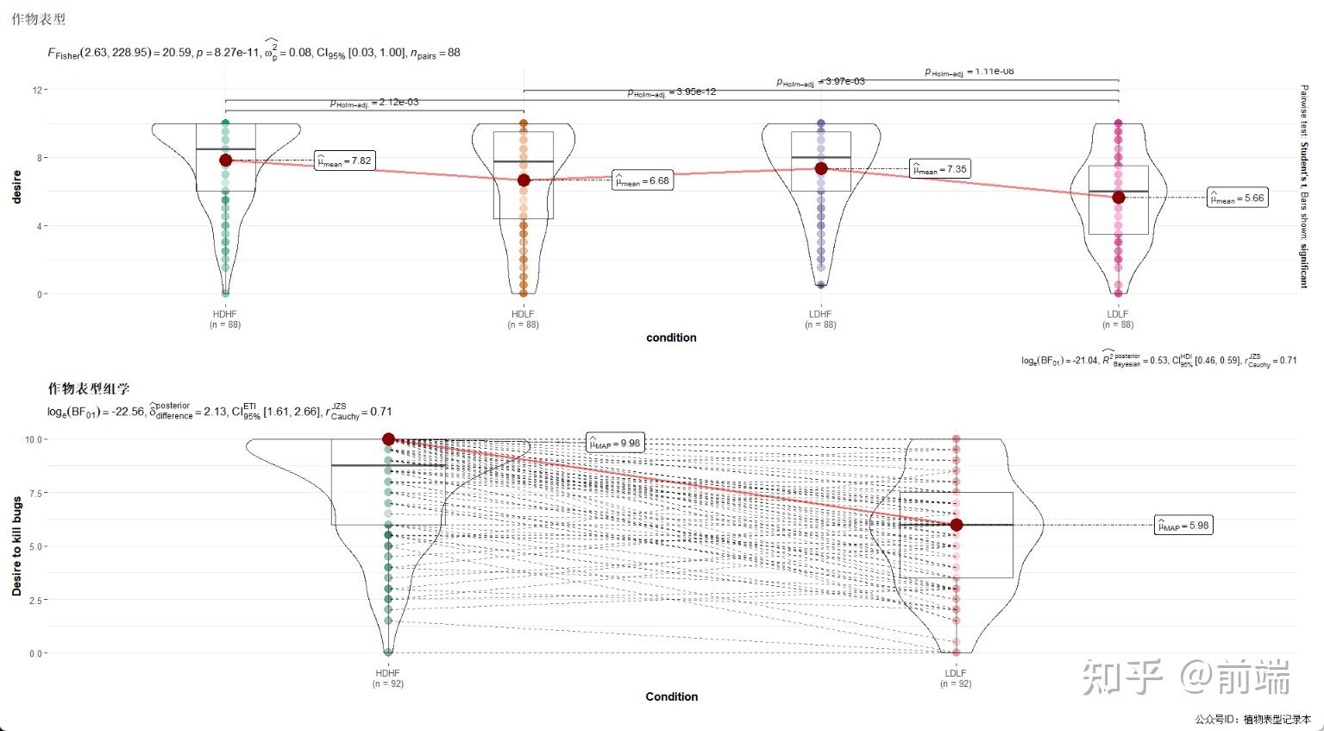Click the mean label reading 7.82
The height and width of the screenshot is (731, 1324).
coord(344,161)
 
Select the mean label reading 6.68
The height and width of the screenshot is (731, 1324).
coord(642,181)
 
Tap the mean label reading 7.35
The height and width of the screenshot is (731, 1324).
coord(940,169)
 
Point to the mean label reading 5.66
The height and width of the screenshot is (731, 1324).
coord(1238,199)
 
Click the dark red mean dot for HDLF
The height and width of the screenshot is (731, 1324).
coord(524,180)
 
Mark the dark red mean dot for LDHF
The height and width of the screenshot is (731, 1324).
coord(821,168)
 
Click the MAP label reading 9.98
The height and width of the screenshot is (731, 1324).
coord(615,444)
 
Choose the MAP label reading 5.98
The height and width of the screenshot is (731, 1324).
coord(1183,526)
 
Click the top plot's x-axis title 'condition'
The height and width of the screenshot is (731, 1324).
coord(671,337)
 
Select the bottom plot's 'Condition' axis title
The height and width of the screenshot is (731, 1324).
coord(671,696)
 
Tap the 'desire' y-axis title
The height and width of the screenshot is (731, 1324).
coord(16,187)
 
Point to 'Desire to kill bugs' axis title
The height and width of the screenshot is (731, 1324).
coord(16,546)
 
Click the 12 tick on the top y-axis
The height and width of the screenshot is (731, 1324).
coord(38,90)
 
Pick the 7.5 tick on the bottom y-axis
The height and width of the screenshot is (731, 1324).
coord(35,493)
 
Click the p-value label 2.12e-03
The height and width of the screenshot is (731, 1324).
coord(374,103)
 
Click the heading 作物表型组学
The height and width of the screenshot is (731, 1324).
coord(89,389)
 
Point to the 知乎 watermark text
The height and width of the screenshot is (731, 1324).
coord(1121,677)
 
